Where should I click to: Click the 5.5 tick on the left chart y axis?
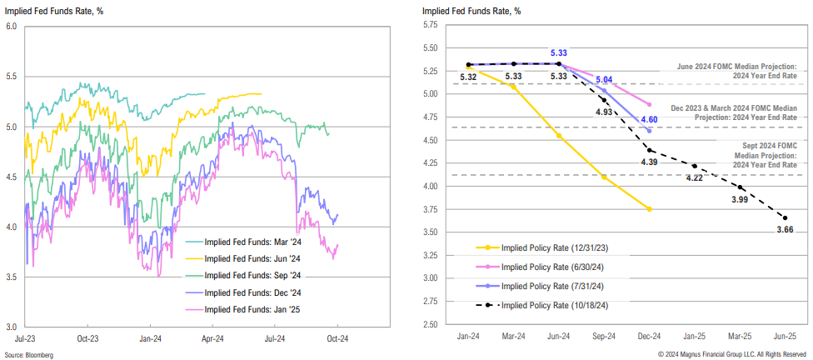tap(12, 77)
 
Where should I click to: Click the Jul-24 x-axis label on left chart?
tap(275, 338)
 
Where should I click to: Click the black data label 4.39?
tap(650, 162)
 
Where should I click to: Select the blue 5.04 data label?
tap(604, 80)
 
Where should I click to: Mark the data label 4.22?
tap(695, 177)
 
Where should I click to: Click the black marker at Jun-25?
tap(785, 218)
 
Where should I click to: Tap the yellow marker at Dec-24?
tap(649, 208)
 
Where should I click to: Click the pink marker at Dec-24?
tap(649, 104)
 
